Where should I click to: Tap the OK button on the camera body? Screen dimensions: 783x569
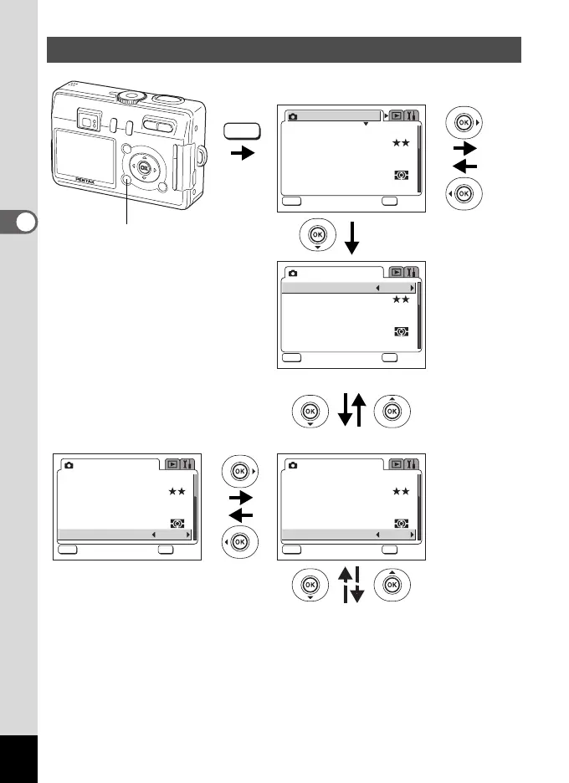(x=144, y=168)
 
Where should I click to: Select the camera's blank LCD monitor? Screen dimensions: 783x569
(x=85, y=151)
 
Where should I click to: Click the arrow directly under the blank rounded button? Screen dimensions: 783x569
(x=243, y=155)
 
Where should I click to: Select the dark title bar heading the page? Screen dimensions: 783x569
(x=284, y=49)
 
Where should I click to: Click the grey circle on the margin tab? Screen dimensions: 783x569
(x=27, y=222)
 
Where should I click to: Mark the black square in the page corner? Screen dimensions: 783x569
(x=18, y=759)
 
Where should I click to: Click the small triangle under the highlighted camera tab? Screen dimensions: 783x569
(x=366, y=124)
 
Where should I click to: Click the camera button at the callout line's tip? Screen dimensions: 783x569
(x=126, y=182)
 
